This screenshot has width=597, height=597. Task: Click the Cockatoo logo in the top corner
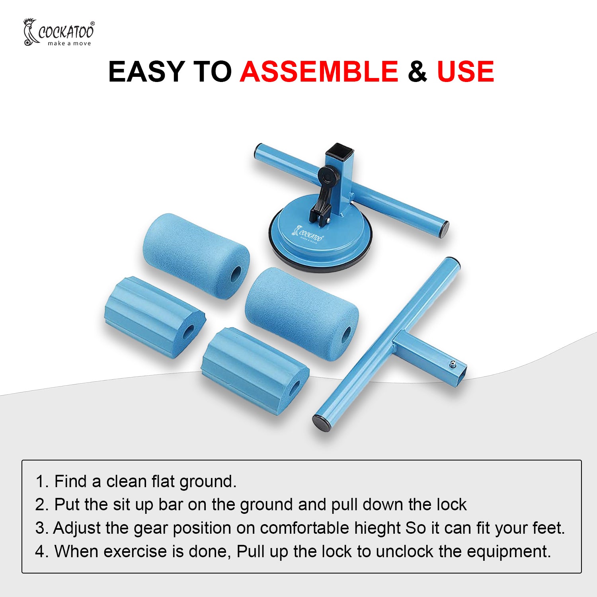[59, 32]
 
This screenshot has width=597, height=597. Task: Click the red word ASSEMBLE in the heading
[319, 72]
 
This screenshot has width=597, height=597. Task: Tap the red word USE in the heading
[465, 72]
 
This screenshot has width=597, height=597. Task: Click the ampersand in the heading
[417, 72]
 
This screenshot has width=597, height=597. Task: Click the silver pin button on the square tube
[453, 364]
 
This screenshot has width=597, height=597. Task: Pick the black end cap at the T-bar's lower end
[322, 423]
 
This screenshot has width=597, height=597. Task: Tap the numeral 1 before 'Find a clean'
[40, 482]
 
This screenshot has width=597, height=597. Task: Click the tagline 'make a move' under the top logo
[69, 43]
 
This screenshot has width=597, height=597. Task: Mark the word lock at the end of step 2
[452, 505]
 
